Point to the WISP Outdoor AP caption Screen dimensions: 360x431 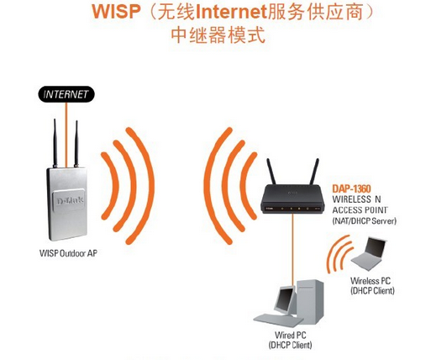[68, 251]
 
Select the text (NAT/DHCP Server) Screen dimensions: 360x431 [364, 220]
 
